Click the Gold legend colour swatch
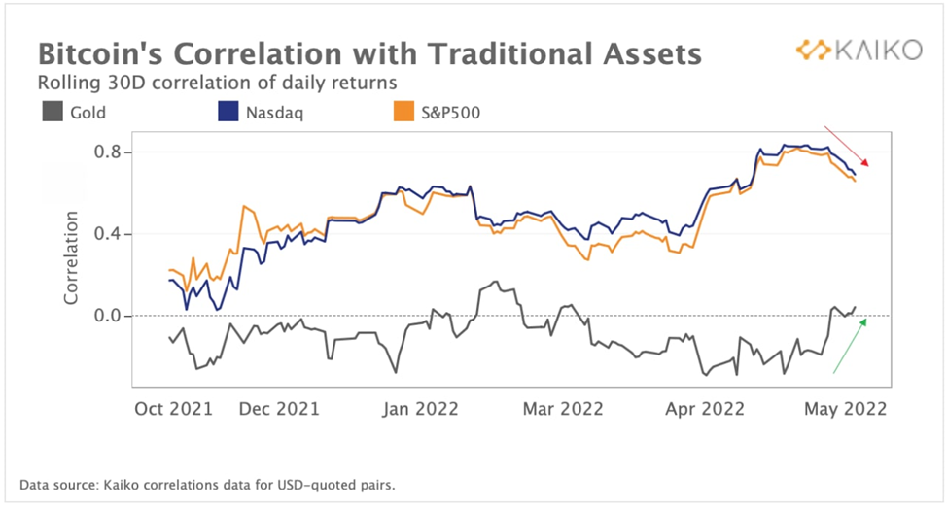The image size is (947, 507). [52, 113]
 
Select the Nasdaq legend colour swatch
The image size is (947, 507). [224, 113]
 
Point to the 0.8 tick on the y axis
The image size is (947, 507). [107, 152]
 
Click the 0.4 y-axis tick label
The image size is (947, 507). [107, 234]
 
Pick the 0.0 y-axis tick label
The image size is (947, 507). [107, 316]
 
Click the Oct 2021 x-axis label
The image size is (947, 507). [173, 409]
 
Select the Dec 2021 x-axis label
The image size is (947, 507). [279, 409]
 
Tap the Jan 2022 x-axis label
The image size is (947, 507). [419, 409]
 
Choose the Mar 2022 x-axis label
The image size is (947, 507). [563, 409]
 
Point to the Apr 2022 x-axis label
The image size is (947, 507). [704, 409]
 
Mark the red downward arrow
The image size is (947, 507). [845, 146]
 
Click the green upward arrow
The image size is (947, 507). [849, 346]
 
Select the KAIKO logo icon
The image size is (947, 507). [811, 50]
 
